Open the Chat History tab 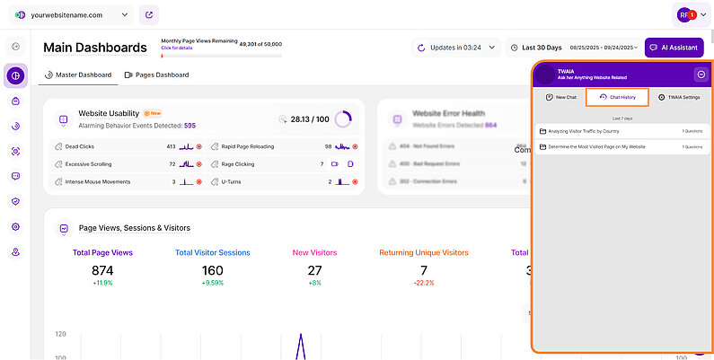(617, 96)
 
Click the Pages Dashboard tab (156, 75)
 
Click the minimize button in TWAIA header (701, 74)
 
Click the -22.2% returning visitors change (423, 283)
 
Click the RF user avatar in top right (684, 14)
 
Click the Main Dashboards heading (94, 47)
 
